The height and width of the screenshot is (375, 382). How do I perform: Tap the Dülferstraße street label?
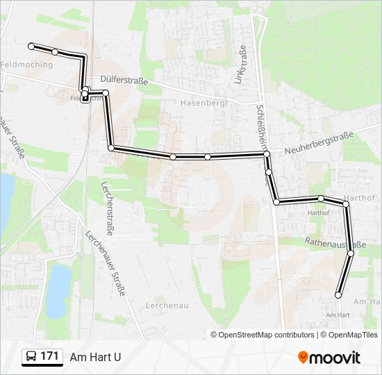(x=124, y=81)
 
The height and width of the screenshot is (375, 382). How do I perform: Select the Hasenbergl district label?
(x=200, y=103)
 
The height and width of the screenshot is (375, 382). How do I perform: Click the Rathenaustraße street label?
(x=335, y=244)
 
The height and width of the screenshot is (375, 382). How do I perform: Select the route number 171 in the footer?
(x=49, y=356)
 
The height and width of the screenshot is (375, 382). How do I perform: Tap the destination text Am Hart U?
(x=95, y=357)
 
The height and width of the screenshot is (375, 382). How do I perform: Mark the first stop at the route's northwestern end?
(x=31, y=46)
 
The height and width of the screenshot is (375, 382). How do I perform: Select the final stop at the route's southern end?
(x=339, y=295)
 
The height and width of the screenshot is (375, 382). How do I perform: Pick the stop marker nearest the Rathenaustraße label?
(x=351, y=253)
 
